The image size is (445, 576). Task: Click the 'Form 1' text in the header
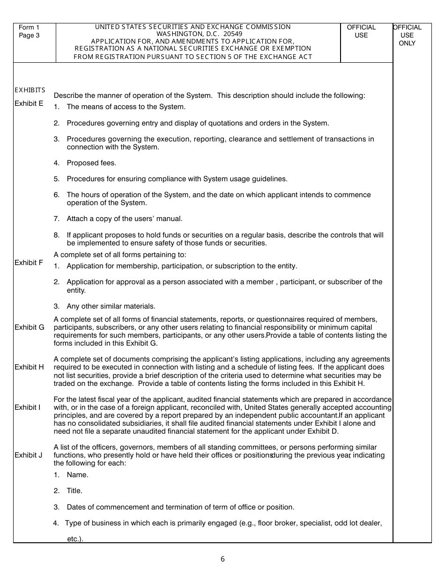(29, 28)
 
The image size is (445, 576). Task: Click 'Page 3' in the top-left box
(29, 36)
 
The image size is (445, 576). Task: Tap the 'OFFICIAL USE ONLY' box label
(407, 35)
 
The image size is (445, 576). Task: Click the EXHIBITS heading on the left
(30, 90)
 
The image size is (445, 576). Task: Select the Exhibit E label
(29, 103)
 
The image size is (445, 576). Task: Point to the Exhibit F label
(29, 263)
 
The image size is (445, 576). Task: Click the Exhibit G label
(30, 327)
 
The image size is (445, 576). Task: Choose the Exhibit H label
(30, 367)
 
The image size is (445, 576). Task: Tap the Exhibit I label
(28, 407)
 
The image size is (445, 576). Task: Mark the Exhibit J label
(29, 455)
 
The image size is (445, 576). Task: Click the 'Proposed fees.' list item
(91, 163)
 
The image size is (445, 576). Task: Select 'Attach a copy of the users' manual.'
(125, 219)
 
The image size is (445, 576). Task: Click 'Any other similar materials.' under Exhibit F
(111, 306)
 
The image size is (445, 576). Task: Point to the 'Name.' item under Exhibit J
(77, 475)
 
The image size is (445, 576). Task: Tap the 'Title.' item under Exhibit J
(74, 491)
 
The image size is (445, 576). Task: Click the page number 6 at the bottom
(222, 559)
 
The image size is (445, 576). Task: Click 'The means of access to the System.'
(126, 107)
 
